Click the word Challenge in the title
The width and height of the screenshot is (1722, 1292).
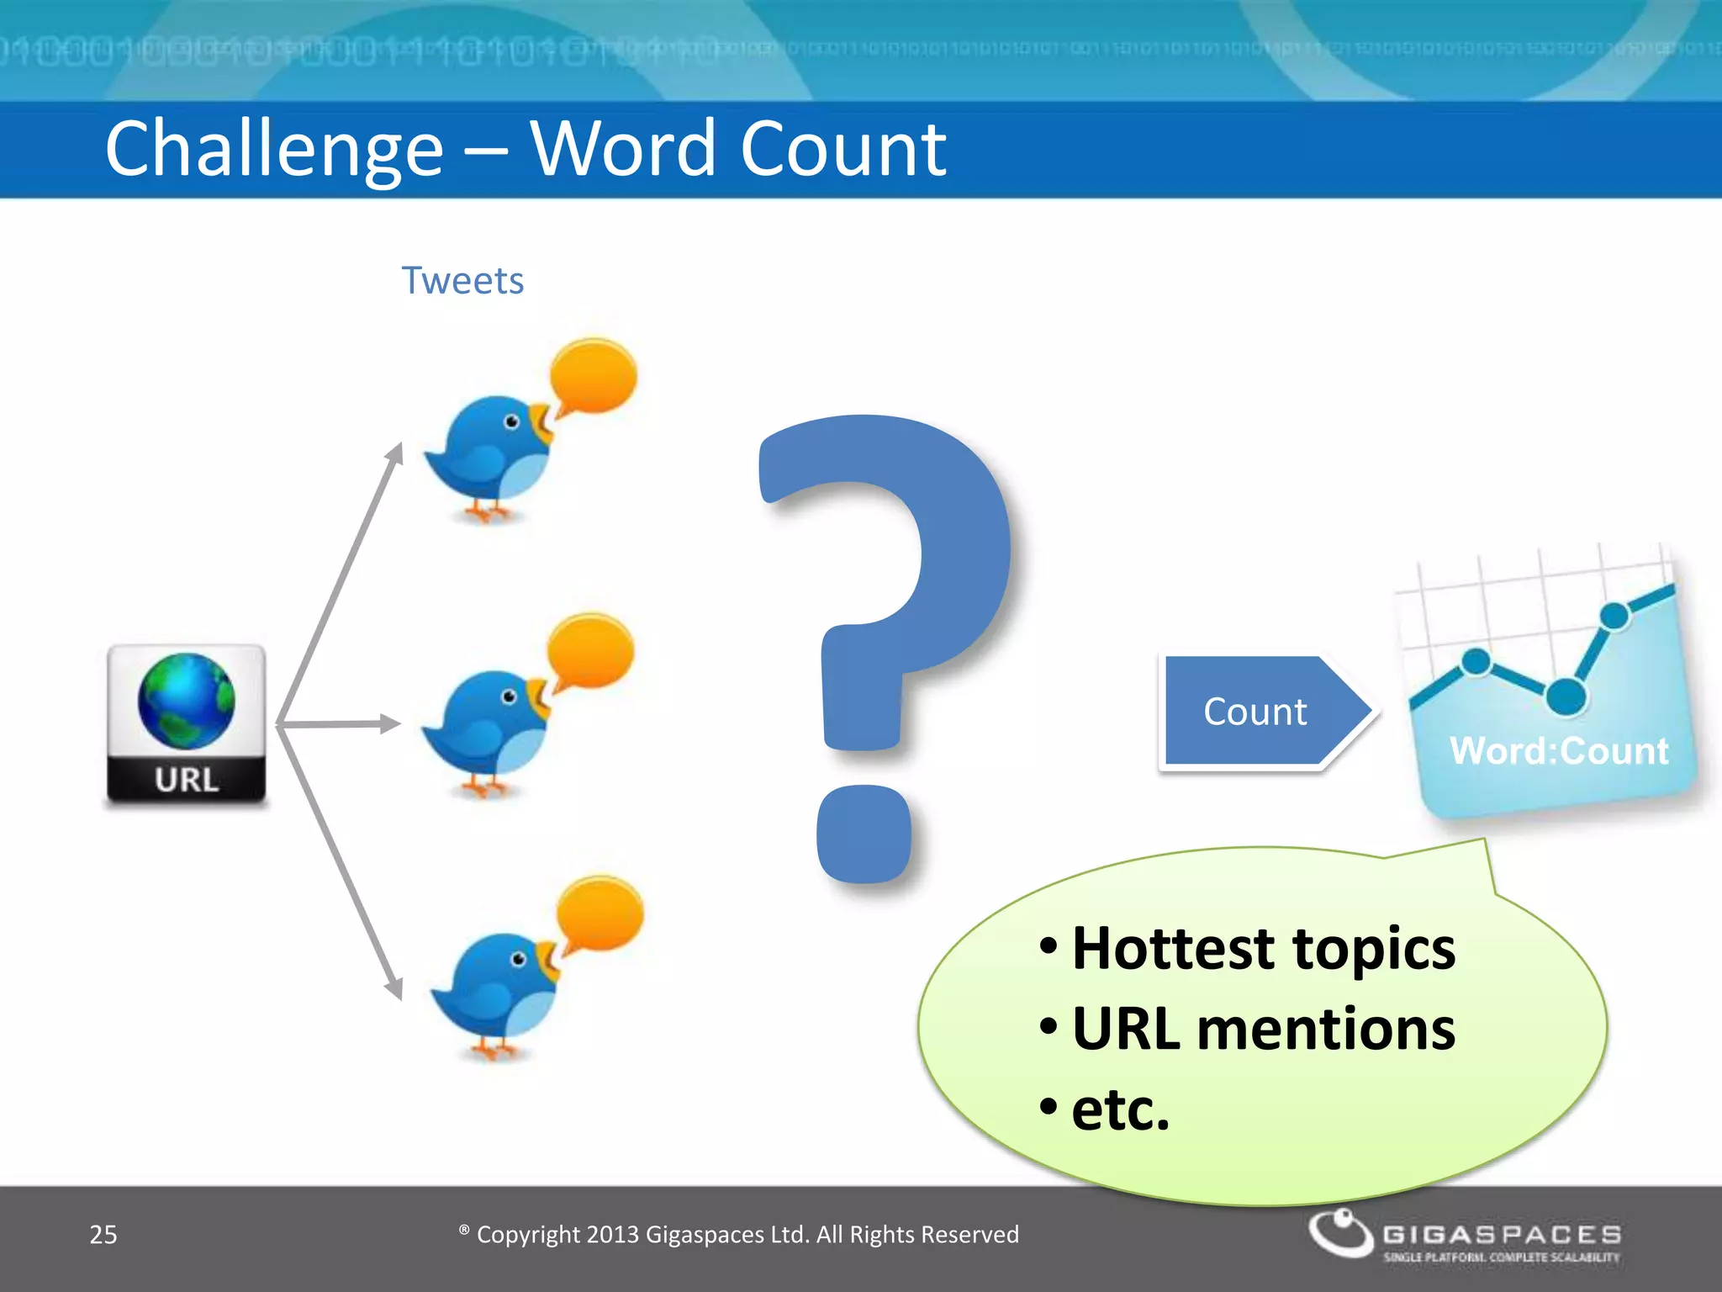click(274, 150)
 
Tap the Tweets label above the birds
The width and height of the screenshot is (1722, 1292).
click(462, 281)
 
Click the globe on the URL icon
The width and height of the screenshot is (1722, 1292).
click(187, 701)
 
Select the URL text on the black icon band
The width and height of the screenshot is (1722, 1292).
click(187, 780)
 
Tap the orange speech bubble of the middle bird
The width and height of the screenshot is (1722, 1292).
click(590, 653)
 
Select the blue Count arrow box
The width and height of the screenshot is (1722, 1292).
click(1257, 712)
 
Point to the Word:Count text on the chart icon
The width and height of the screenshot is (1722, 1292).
click(1558, 751)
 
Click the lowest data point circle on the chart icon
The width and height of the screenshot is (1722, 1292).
click(1566, 696)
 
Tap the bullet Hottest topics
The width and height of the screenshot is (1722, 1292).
click(1263, 949)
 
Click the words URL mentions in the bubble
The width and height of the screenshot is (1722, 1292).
click(1263, 1029)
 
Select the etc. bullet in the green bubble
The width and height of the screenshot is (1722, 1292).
click(1120, 1109)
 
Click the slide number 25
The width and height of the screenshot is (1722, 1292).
click(103, 1235)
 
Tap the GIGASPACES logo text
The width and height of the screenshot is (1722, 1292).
click(1502, 1234)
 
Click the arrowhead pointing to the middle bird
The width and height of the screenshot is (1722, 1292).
click(390, 723)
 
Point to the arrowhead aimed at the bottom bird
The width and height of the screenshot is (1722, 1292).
click(394, 988)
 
